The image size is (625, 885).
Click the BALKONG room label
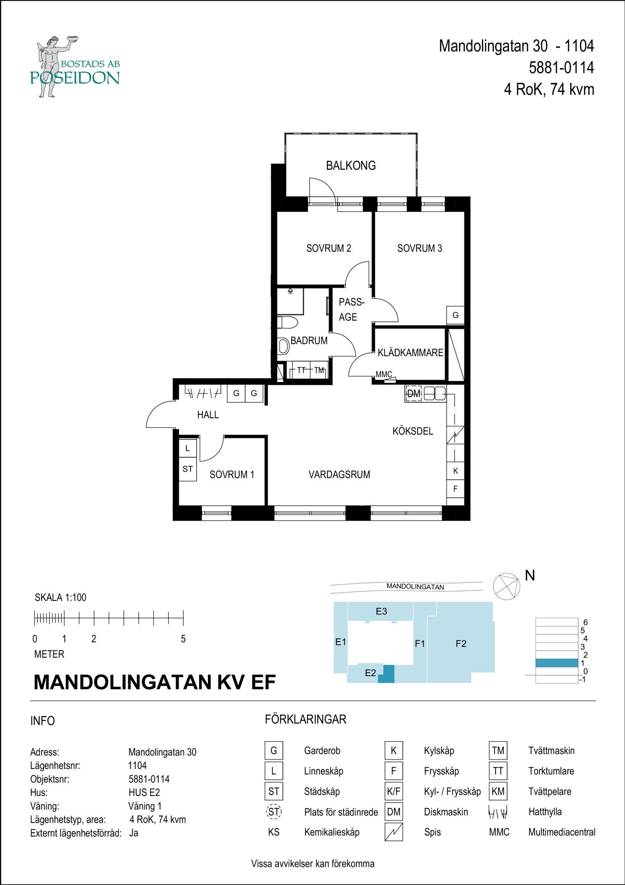351,165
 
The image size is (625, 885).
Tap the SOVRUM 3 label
419,248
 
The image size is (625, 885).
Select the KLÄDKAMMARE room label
410,353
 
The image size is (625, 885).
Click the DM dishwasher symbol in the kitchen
414,393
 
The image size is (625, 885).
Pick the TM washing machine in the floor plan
319,370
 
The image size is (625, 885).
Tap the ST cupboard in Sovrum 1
188,469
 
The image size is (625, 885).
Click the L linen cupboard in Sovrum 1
188,448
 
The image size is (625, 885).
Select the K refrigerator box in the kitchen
455,471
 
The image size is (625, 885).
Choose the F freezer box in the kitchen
455,489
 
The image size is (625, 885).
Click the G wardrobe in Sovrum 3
455,316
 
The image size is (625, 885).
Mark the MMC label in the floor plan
383,374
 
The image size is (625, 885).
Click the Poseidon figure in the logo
52,64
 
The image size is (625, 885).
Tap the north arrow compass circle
506,586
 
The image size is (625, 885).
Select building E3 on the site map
381,612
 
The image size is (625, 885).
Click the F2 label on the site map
461,644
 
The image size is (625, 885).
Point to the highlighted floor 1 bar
556,663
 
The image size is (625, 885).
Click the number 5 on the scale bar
183,639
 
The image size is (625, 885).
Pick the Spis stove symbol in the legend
394,832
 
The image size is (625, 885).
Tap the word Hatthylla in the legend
545,812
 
